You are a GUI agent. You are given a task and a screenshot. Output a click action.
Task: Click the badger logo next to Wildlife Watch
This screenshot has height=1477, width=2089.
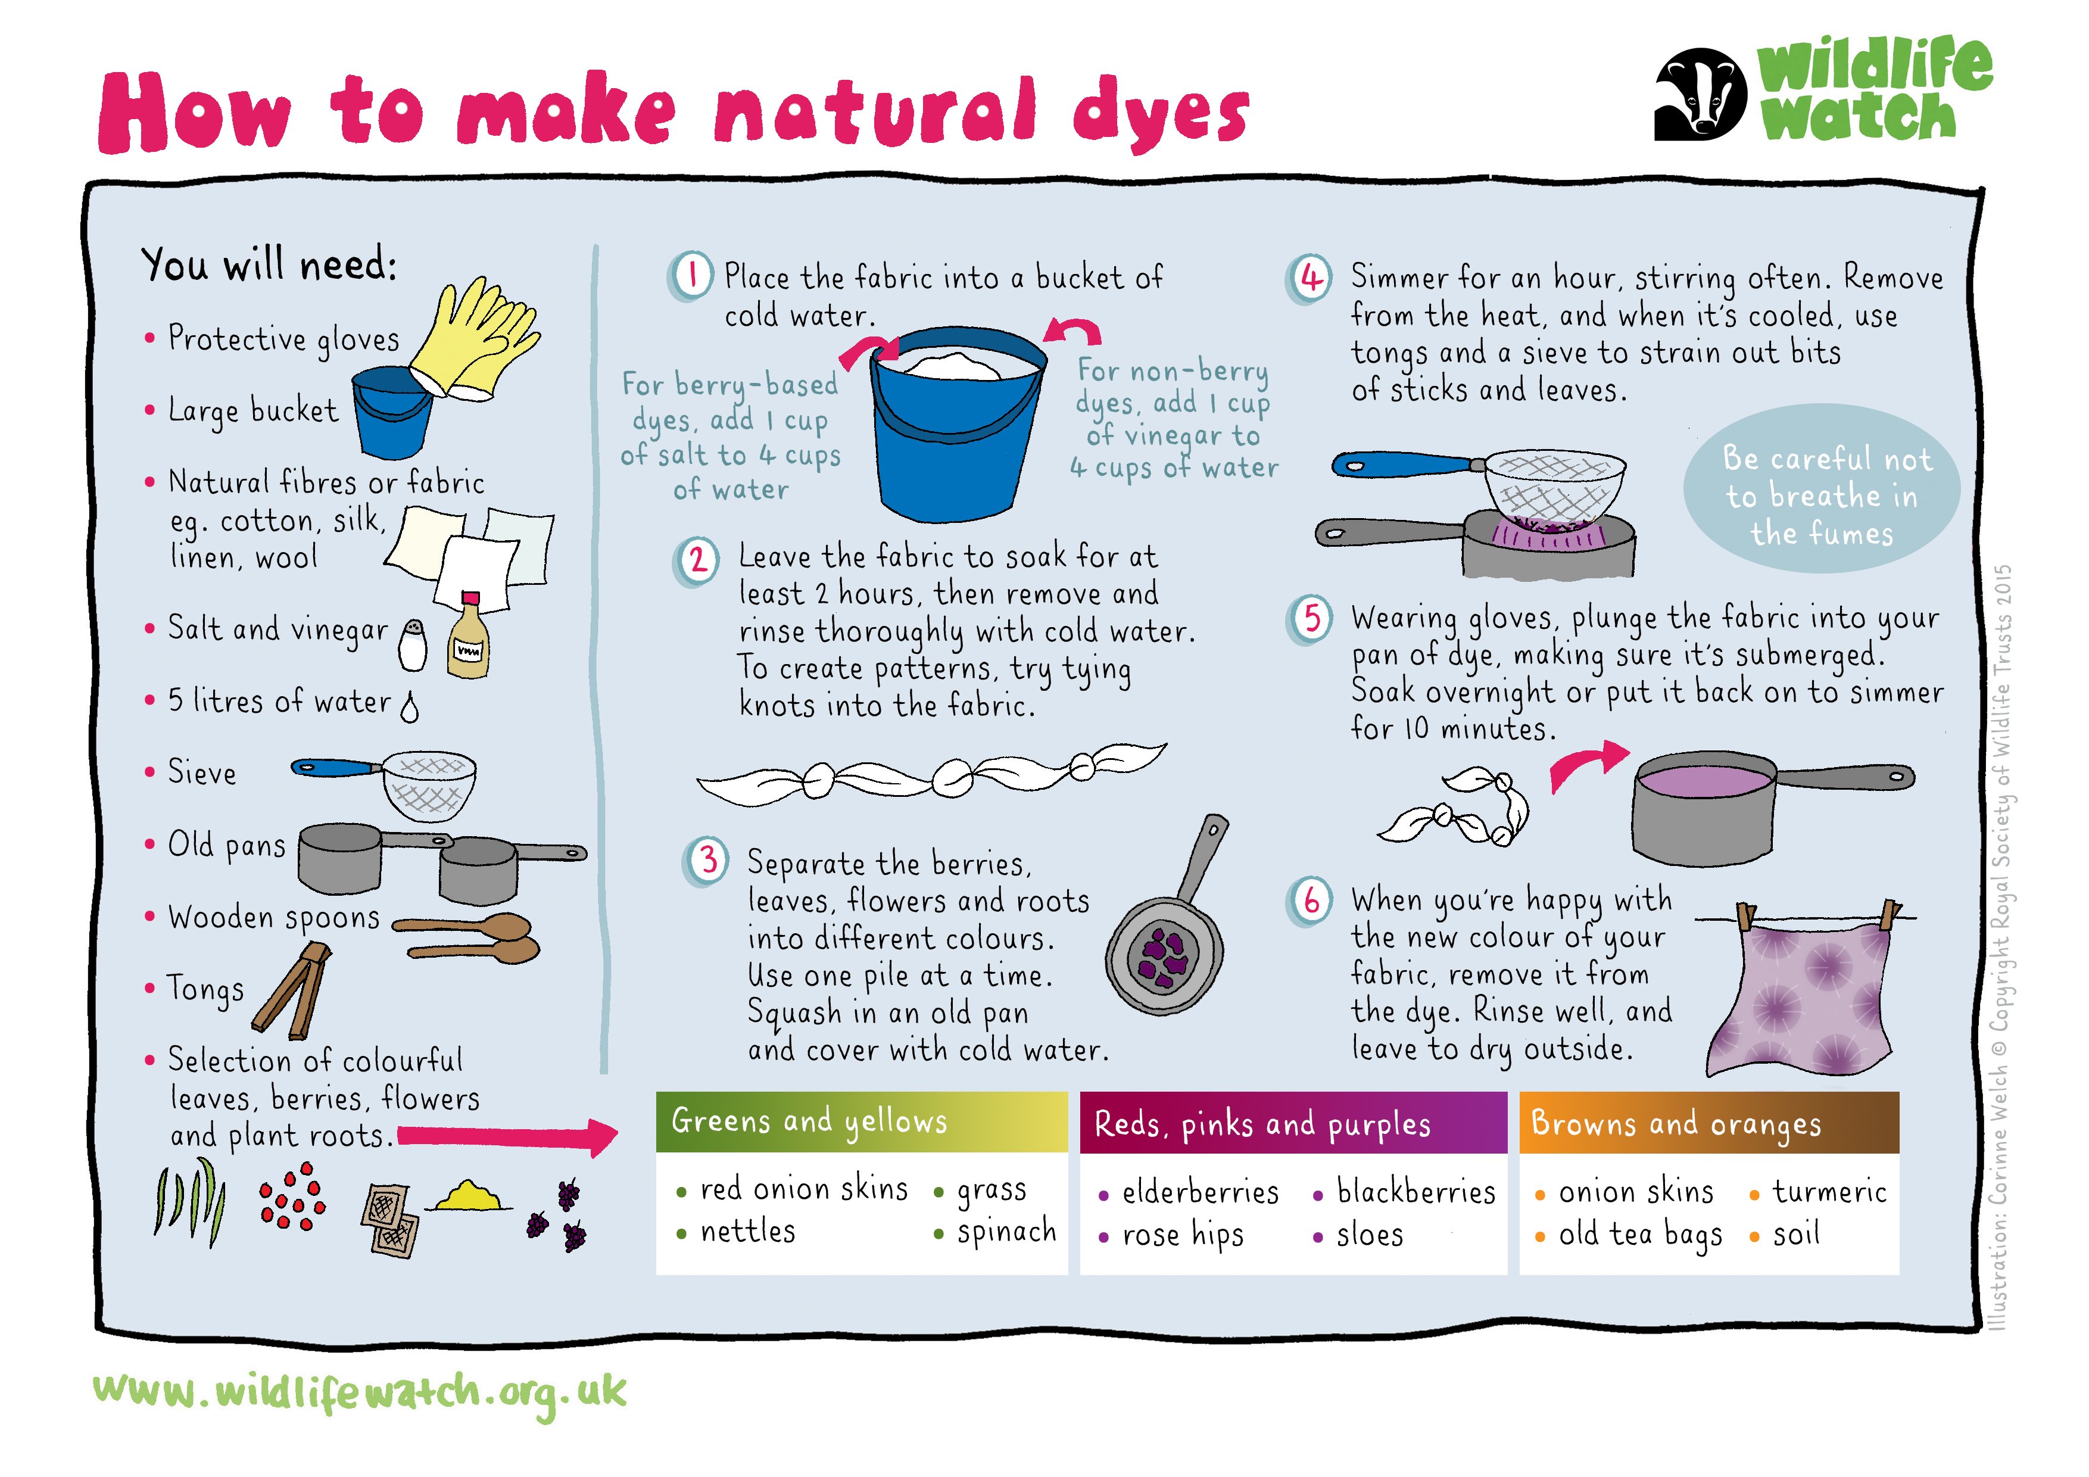coord(1700,94)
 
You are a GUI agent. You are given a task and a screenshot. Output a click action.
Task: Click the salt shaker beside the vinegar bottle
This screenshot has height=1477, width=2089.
coord(413,644)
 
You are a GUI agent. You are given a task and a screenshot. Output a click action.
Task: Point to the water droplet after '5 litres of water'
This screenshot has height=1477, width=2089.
coord(410,707)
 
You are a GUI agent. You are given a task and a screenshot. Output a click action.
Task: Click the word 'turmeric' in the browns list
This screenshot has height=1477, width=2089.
coord(1829,1191)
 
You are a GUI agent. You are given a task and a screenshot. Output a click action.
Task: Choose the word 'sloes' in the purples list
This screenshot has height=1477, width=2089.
coord(1369,1235)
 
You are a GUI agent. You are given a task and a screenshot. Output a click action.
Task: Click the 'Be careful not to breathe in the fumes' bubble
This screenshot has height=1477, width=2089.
coord(1822,489)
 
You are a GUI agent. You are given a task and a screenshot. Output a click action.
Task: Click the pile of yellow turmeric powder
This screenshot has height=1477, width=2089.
coord(469,1196)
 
